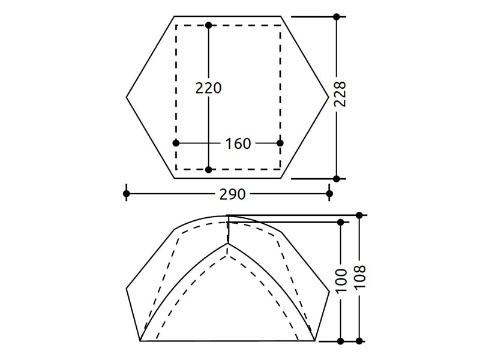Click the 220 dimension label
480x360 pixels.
point(208,88)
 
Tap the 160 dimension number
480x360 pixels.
point(238,143)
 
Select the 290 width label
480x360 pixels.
point(233,194)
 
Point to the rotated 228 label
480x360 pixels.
point(340,94)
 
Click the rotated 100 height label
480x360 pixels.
point(341,281)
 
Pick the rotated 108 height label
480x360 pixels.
point(359,277)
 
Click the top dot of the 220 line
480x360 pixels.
point(208,25)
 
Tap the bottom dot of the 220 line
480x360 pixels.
point(208,169)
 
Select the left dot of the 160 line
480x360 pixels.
point(176,143)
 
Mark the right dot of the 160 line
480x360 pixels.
point(280,143)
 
